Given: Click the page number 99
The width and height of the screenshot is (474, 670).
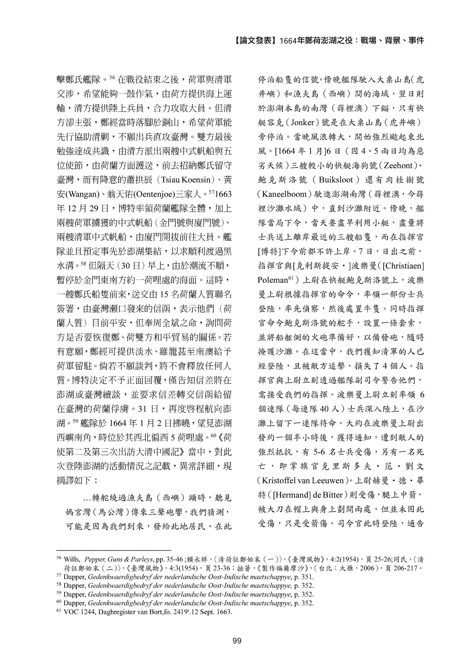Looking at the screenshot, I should click(x=237, y=641).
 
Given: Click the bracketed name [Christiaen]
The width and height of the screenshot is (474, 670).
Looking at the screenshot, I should click(x=403, y=266).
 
